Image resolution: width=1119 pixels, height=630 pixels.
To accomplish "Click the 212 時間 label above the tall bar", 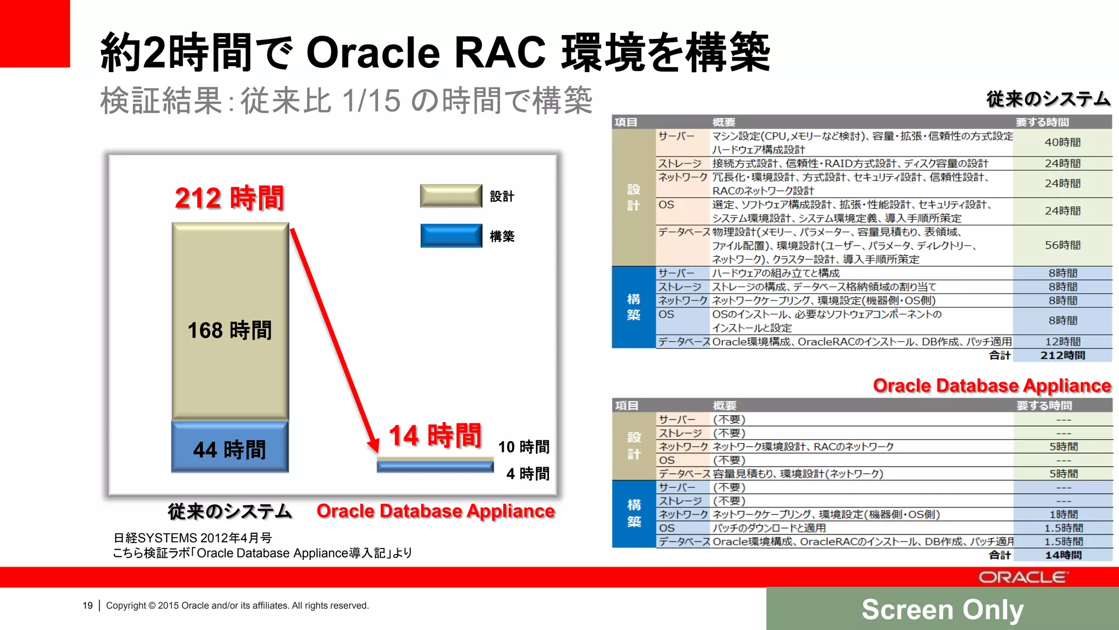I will pyautogui.click(x=229, y=198).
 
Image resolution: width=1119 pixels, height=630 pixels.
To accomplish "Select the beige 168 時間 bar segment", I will pyautogui.click(x=230, y=322).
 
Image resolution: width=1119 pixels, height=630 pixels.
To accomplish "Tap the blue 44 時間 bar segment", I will pyautogui.click(x=230, y=447).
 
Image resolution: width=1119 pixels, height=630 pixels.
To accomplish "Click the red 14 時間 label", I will pyautogui.click(x=435, y=436).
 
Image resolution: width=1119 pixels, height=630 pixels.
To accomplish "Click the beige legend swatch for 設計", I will pyautogui.click(x=451, y=196).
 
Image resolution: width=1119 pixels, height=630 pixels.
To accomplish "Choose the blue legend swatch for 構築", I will pyautogui.click(x=451, y=236).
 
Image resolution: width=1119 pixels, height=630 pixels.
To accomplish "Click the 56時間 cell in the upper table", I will pyautogui.click(x=1062, y=245).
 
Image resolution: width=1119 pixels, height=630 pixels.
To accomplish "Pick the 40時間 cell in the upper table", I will pyautogui.click(x=1062, y=142).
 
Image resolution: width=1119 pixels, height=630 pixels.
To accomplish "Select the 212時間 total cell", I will pyautogui.click(x=1062, y=355).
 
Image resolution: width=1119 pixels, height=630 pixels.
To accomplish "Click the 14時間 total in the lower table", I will pyautogui.click(x=1063, y=555).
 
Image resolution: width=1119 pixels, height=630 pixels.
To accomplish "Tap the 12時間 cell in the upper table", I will pyautogui.click(x=1062, y=342).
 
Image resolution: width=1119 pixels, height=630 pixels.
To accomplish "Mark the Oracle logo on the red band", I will pyautogui.click(x=1022, y=577).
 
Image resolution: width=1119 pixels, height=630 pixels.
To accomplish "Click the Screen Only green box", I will pyautogui.click(x=942, y=609).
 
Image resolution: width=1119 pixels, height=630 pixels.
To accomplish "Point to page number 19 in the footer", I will pyautogui.click(x=87, y=605).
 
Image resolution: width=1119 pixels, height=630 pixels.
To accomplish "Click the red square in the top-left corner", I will pyautogui.click(x=34, y=33).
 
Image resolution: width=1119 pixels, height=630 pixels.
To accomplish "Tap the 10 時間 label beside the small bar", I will pyautogui.click(x=523, y=447).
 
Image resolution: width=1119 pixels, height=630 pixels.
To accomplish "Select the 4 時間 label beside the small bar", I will pyautogui.click(x=528, y=474).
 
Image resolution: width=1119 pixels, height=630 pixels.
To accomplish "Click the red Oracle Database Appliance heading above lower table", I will pyautogui.click(x=992, y=386).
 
